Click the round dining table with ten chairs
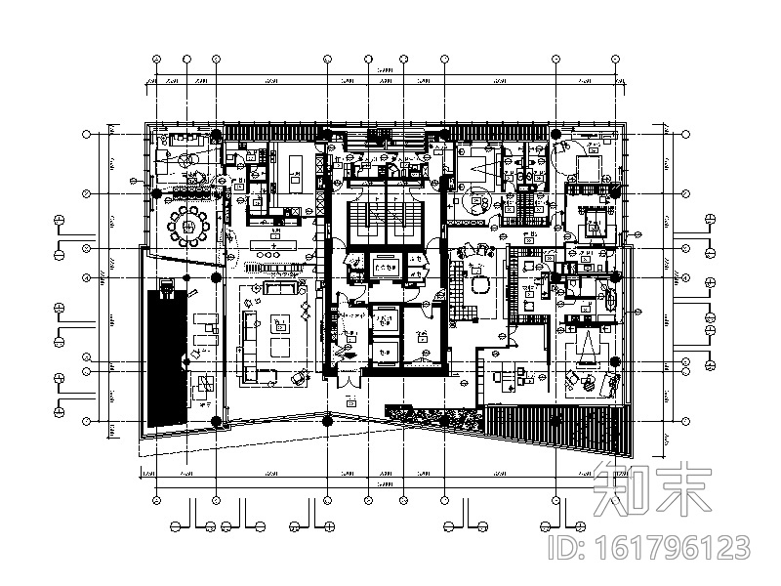pyautogui.click(x=188, y=227)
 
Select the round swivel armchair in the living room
pyautogui.click(x=299, y=376)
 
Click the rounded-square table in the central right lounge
pyautogui.click(x=481, y=284)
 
